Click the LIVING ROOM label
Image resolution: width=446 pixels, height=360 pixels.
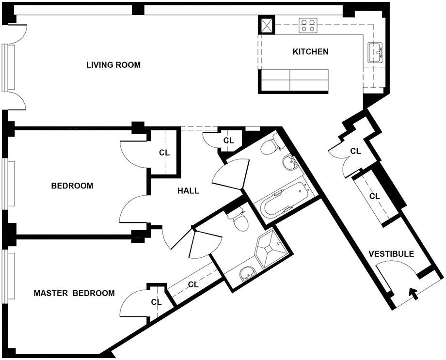113,65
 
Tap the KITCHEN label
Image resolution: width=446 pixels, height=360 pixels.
311,52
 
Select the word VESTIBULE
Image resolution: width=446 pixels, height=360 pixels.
391,254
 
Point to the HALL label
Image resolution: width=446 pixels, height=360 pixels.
188,190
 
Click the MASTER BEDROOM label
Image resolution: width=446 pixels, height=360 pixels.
74,293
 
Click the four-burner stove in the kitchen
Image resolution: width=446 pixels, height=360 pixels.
308,25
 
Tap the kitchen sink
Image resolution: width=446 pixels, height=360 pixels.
375,53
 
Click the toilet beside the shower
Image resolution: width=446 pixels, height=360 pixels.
239,219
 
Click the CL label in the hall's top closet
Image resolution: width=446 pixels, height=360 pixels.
228,140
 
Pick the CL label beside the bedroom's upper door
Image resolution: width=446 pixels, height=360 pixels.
164,153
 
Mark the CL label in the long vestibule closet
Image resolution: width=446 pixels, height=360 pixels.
374,196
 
